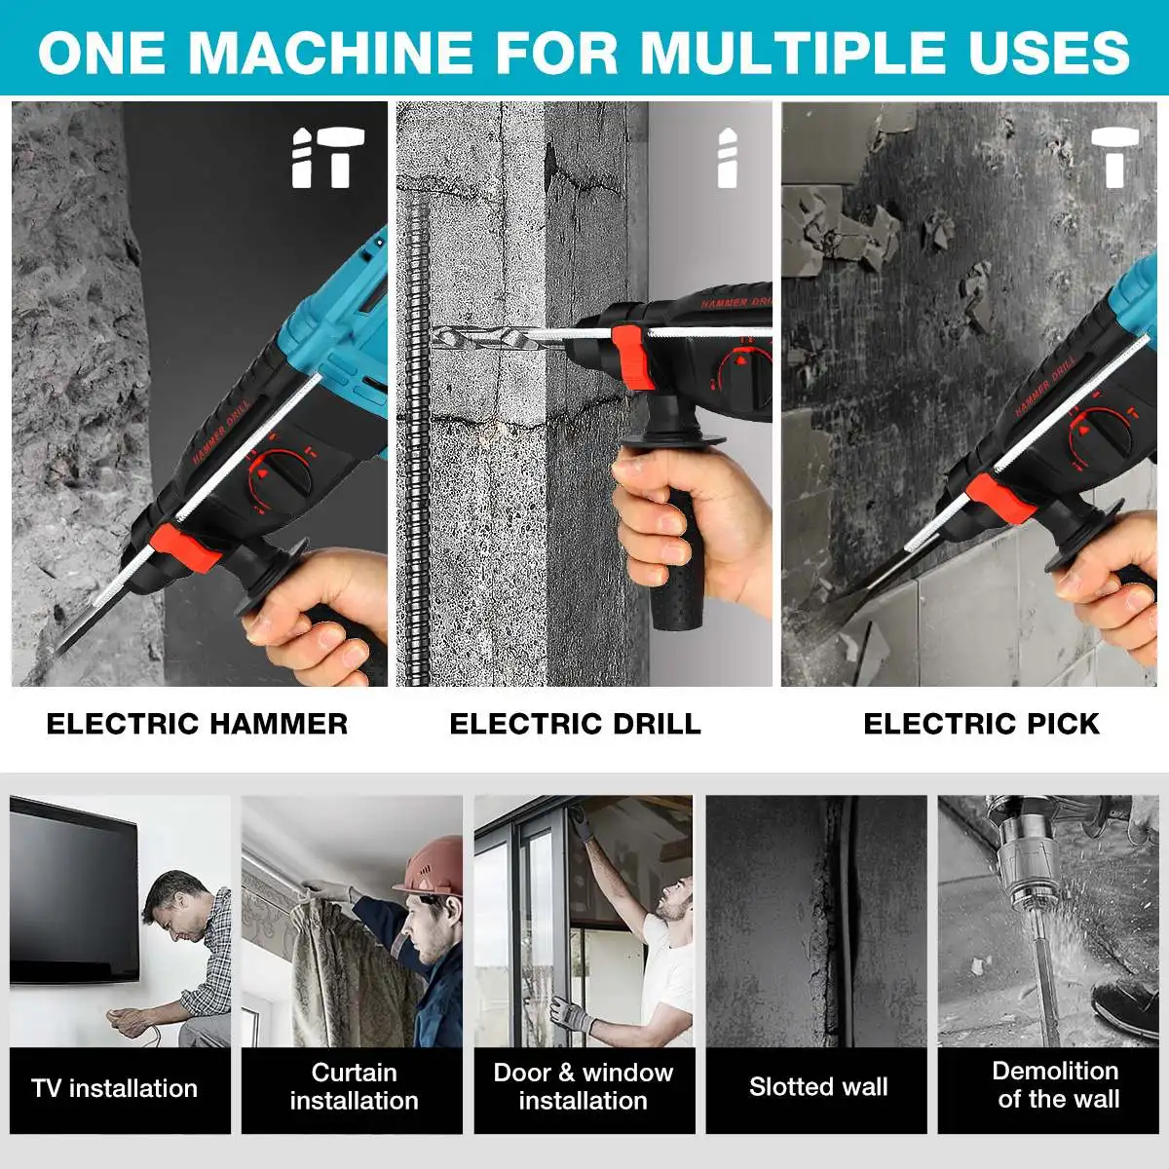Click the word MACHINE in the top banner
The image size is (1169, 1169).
click(330, 53)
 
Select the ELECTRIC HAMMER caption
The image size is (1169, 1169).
click(197, 724)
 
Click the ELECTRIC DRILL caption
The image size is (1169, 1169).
click(575, 724)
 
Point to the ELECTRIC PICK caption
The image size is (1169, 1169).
click(982, 724)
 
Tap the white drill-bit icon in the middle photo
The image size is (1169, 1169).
click(728, 157)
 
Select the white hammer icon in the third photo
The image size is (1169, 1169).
click(1114, 157)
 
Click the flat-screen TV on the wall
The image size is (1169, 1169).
click(74, 891)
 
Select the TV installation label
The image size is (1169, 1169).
click(115, 1088)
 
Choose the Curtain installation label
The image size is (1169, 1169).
click(354, 1086)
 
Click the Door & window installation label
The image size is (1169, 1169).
click(583, 1086)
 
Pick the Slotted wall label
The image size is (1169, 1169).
click(818, 1086)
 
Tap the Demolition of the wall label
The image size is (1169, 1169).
click(1056, 1084)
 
